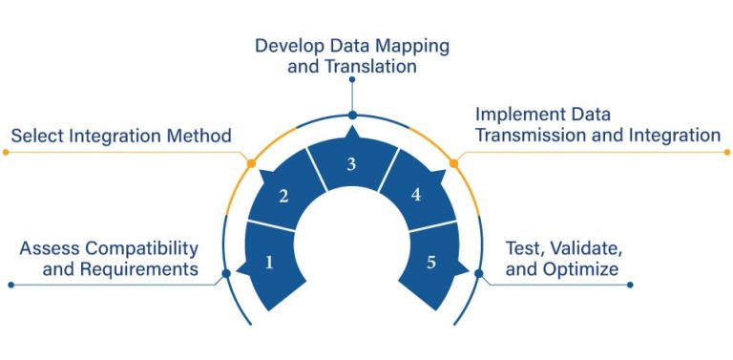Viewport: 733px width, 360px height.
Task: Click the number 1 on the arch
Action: coord(269,262)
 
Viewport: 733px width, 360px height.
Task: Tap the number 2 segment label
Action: coord(283,197)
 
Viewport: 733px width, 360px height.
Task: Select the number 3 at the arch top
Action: coord(351,164)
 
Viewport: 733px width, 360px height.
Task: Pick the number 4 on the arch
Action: coord(416,195)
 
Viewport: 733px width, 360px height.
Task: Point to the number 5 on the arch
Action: coord(431,262)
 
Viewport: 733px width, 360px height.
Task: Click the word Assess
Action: coord(51,249)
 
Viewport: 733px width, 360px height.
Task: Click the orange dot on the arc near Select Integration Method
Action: coord(251,163)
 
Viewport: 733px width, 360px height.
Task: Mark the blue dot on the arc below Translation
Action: coord(352,116)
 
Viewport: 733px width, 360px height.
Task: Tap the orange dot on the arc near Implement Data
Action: coord(453,163)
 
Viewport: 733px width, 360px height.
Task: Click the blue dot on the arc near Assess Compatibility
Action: coord(225,274)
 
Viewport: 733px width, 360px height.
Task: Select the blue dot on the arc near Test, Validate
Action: coord(479,274)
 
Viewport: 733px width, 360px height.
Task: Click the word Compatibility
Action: coord(142,249)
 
